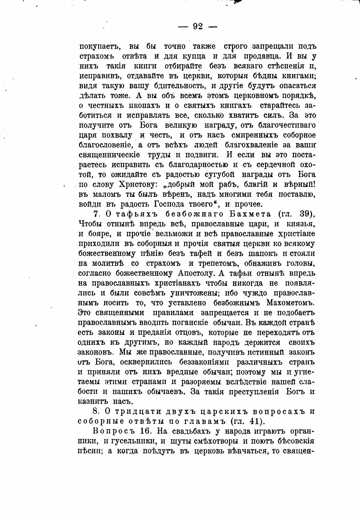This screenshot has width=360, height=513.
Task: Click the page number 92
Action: (198, 27)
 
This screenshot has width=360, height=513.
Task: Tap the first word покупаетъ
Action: (99, 47)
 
